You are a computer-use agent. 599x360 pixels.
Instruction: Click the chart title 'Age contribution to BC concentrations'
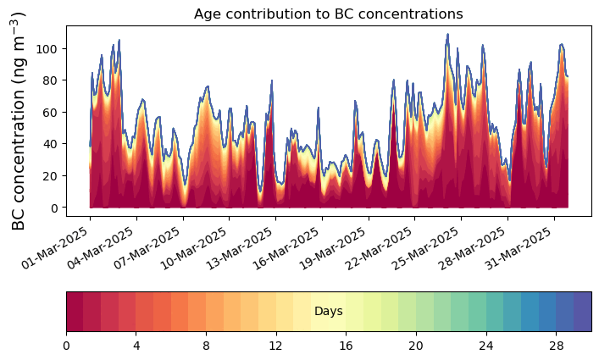pyautogui.click(x=328, y=14)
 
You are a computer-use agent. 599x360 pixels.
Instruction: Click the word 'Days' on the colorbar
pyautogui.click(x=328, y=312)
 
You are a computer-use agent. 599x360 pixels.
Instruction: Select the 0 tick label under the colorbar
pyautogui.click(x=66, y=346)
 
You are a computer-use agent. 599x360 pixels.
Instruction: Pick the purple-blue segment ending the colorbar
pyautogui.click(x=582, y=312)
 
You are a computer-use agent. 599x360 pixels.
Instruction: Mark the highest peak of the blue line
pyautogui.click(x=447, y=35)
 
